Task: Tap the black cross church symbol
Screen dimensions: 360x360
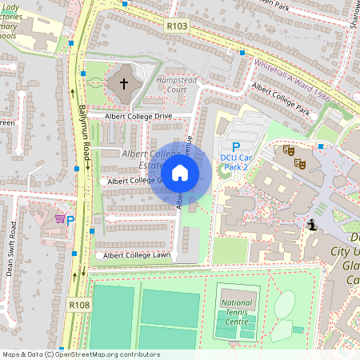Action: (124, 82)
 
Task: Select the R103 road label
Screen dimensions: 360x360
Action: (177, 26)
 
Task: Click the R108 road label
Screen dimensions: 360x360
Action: (79, 305)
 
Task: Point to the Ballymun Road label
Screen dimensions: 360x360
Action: (83, 128)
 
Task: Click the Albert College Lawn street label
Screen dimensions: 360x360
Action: (134, 255)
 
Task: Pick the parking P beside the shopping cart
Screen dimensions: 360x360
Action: (70, 220)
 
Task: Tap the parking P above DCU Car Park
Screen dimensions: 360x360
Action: (235, 146)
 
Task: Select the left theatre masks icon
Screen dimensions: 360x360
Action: (289, 150)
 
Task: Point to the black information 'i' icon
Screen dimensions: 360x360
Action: (311, 226)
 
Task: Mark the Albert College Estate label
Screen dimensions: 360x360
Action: (148, 158)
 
